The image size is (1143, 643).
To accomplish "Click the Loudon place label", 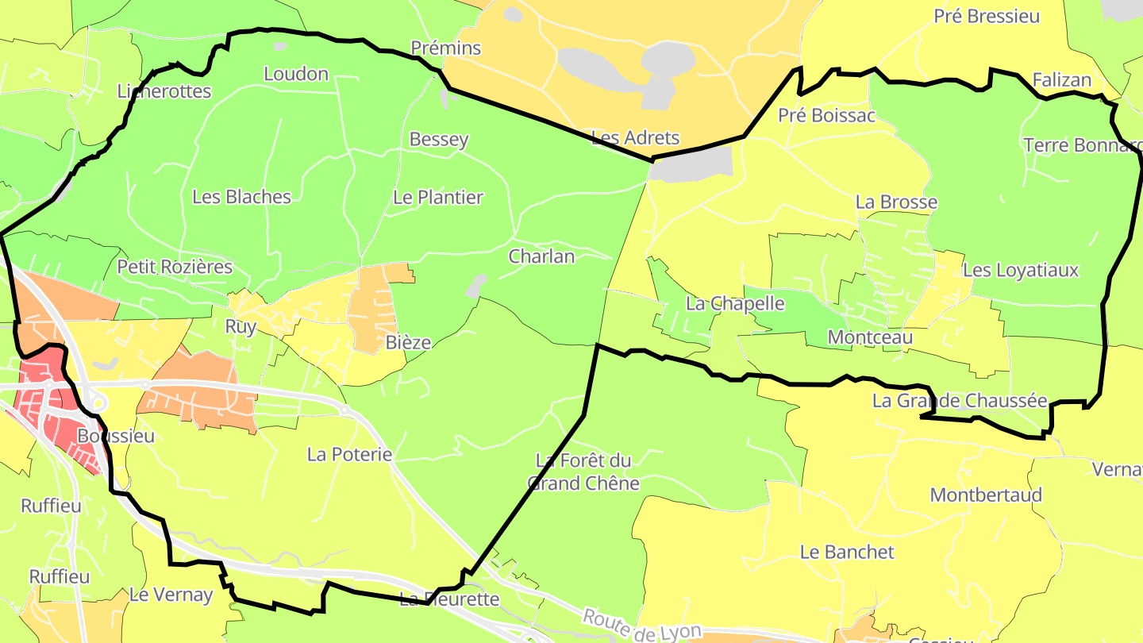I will click(296, 74).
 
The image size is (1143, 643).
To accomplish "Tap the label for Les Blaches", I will click(242, 197).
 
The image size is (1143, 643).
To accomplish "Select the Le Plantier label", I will click(438, 197).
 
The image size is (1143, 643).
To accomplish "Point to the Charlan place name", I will click(541, 256).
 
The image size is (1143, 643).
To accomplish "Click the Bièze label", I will click(408, 343).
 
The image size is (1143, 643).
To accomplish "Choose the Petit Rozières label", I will click(175, 267).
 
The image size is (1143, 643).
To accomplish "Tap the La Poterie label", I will click(350, 454).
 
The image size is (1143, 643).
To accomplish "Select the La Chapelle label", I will click(735, 303).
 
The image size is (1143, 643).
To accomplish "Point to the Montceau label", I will click(870, 337).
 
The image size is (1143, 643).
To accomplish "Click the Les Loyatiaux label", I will click(1021, 270).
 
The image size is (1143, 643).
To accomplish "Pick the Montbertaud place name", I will click(986, 495).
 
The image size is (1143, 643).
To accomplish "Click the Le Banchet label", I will click(847, 552).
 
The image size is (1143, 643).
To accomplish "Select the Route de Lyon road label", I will click(641, 626).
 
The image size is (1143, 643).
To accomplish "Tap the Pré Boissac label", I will click(826, 116).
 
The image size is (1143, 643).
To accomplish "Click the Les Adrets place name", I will click(636, 137).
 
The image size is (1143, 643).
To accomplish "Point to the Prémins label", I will click(446, 48).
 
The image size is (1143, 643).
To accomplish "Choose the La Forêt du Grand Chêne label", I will click(583, 472).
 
